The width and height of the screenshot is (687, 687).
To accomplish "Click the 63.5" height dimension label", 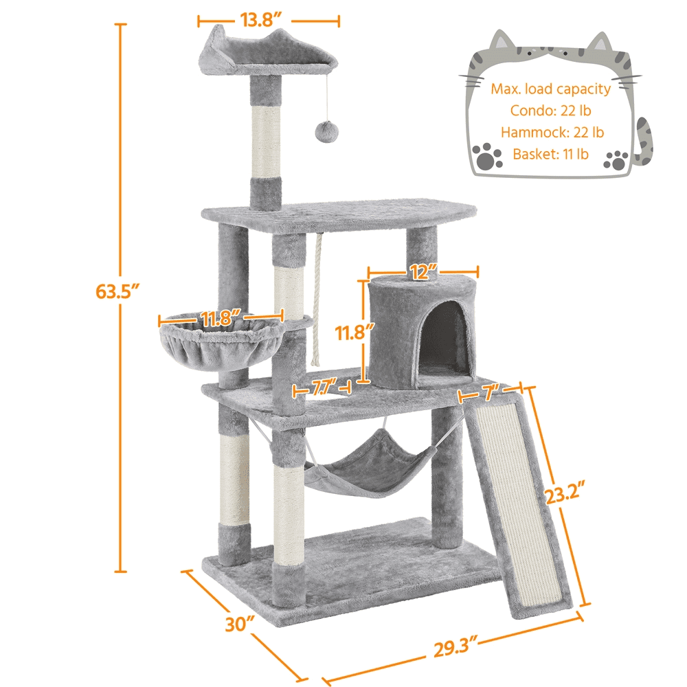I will pyautogui.click(x=118, y=291).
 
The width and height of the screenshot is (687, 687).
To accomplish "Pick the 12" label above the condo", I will pyautogui.click(x=423, y=273).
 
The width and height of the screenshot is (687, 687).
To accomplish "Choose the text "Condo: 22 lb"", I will pyautogui.click(x=551, y=110).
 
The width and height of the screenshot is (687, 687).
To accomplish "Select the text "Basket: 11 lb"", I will pyautogui.click(x=551, y=154).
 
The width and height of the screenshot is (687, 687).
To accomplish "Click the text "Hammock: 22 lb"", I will pyautogui.click(x=552, y=132).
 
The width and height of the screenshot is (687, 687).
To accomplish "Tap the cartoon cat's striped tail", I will pyautogui.click(x=644, y=141).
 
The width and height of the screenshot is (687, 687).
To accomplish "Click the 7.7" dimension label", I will pyautogui.click(x=324, y=389).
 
